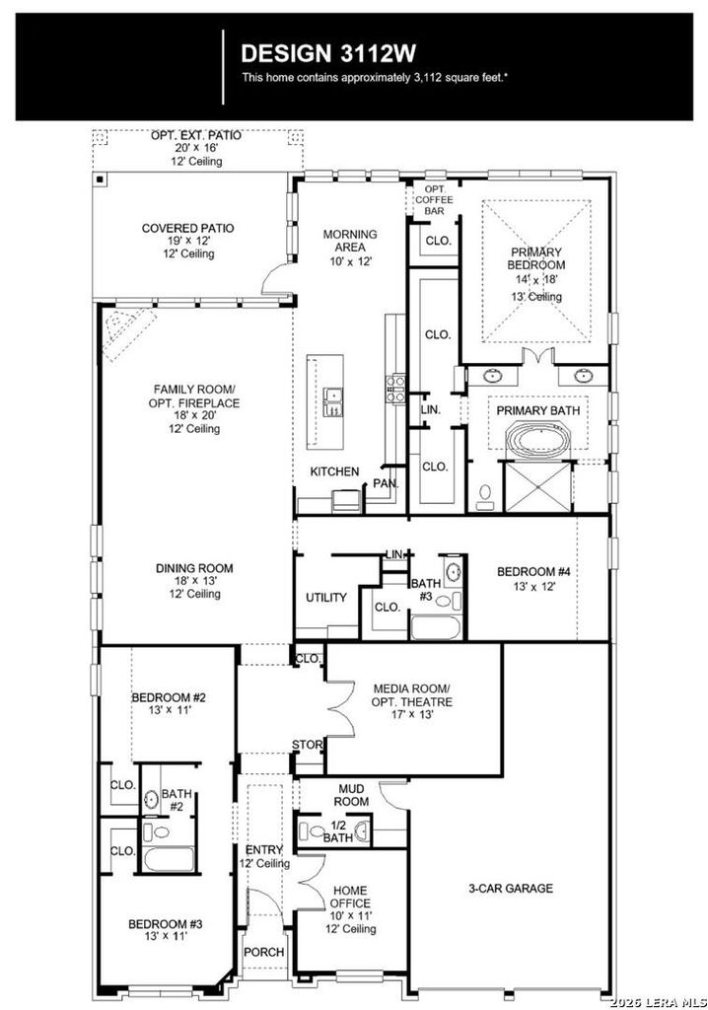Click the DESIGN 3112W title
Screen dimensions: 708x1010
pyautogui.click(x=328, y=53)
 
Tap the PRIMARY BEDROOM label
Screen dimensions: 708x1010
pyautogui.click(x=536, y=258)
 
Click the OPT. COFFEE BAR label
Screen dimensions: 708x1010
pyautogui.click(x=434, y=199)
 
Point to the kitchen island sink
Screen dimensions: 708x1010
pyautogui.click(x=333, y=402)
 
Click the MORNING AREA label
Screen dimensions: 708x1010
pyautogui.click(x=350, y=241)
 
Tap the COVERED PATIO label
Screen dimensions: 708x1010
pyautogui.click(x=187, y=228)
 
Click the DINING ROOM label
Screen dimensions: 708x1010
pyautogui.click(x=194, y=568)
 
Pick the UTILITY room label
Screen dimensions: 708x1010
pyautogui.click(x=326, y=598)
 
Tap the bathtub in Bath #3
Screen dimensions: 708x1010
pyautogui.click(x=436, y=627)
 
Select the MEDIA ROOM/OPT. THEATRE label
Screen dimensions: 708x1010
pyautogui.click(x=411, y=695)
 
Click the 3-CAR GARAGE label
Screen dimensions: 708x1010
pyautogui.click(x=510, y=889)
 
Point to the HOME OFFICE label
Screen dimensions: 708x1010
pyautogui.click(x=350, y=897)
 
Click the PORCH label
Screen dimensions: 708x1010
pyautogui.click(x=263, y=952)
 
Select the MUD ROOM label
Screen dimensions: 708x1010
pyautogui.click(x=351, y=795)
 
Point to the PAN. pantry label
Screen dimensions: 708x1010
pyautogui.click(x=386, y=483)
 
